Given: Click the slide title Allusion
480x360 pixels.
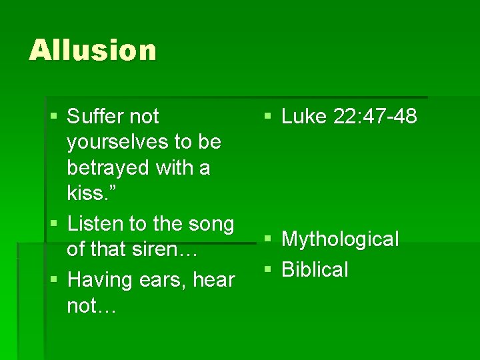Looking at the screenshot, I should coord(93,50).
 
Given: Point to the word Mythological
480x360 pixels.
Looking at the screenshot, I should coord(340,239).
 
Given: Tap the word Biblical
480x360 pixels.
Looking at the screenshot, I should coord(315,270).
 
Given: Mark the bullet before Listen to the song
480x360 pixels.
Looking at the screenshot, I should coord(54,224).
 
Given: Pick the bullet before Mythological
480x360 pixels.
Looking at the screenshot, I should coord(267,239).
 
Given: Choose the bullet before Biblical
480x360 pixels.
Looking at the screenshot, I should coord(267,269).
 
